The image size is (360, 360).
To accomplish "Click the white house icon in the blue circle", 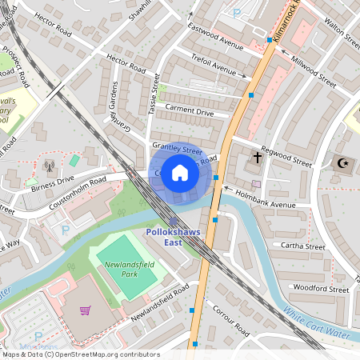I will point(180,173).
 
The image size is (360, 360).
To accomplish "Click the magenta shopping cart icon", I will point(85,310).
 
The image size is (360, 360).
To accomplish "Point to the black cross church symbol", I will point(257,157).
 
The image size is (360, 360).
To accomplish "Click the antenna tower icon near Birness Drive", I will point(50,167).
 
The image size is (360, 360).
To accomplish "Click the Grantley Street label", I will point(177,149).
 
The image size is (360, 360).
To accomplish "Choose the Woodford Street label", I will point(322,288).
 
